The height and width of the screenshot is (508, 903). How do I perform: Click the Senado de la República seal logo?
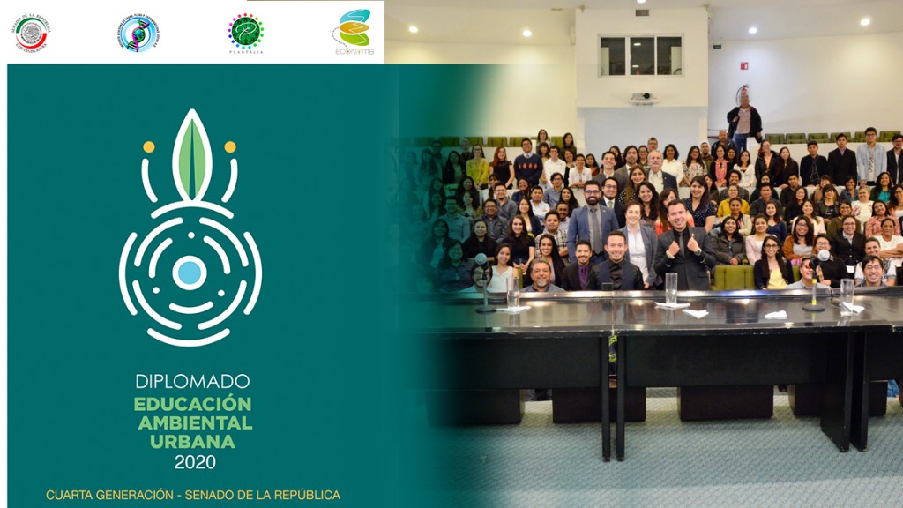point(31,33)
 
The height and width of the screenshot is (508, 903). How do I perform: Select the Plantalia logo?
point(245,33)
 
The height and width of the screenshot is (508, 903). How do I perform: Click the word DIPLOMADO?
point(192,382)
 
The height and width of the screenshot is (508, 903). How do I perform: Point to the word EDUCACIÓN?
point(192,404)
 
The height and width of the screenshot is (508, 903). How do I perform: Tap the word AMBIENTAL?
point(195,422)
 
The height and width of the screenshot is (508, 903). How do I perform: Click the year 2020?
point(194,461)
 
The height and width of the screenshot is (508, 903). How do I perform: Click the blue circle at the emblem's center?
point(190,272)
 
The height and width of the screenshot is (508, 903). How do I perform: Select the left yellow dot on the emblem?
point(149,147)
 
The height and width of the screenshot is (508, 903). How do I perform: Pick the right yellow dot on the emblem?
point(230,147)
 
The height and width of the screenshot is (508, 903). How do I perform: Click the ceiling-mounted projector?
point(642,97)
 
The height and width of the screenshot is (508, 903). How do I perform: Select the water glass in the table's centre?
point(671,288)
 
